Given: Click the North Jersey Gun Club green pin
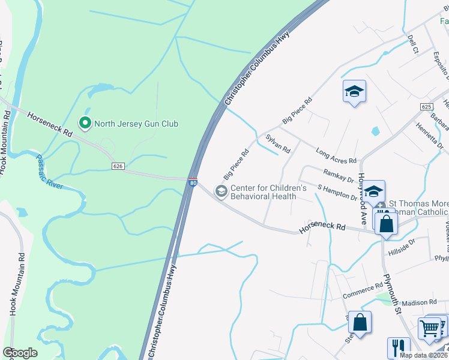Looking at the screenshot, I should (85, 124).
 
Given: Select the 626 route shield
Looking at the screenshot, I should (118, 166).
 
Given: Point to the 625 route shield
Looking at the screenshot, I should (426, 106).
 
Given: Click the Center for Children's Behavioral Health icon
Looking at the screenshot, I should (221, 191).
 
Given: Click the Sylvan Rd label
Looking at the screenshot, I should (278, 143).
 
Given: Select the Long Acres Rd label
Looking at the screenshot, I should (336, 157).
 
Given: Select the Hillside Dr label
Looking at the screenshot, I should (402, 245).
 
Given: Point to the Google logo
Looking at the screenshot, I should (20, 353).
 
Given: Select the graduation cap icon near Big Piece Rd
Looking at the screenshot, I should (354, 91).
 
